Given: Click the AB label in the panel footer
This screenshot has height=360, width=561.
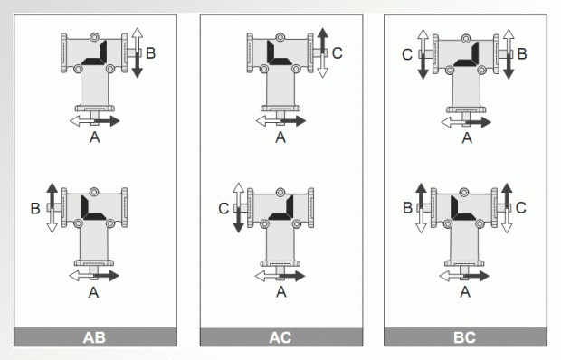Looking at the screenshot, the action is (94, 337).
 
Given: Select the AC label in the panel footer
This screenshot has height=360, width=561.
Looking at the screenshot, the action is (280, 337).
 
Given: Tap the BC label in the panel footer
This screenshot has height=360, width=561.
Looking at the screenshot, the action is (464, 337).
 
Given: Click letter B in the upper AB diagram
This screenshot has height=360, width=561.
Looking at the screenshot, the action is (150, 52).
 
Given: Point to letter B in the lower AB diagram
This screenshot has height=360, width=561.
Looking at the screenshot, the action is (35, 208).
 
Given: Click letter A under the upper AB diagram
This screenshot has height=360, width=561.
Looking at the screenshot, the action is (94, 137).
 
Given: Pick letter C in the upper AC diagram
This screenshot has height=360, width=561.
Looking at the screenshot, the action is (337, 52).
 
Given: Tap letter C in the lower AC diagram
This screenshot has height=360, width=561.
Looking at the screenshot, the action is (223, 208).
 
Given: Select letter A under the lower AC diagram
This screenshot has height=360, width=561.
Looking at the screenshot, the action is (281, 292).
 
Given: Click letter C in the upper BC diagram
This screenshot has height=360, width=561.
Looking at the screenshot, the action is (407, 54).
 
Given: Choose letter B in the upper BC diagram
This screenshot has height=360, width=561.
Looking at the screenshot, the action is (522, 54).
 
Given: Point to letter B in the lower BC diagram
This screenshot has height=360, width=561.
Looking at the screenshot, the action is (407, 208).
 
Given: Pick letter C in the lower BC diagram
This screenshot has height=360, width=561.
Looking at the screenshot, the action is (521, 208).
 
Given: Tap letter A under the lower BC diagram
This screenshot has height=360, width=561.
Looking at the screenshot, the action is (465, 292).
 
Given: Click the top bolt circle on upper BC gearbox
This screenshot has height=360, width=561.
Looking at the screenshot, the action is (465, 38).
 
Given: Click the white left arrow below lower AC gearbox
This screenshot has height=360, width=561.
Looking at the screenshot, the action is (267, 276).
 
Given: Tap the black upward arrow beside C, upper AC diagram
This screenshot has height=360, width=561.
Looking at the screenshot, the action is (322, 41).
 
